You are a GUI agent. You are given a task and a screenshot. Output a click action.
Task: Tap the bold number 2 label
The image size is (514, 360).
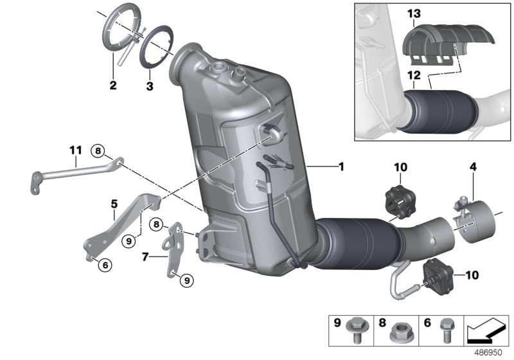[x=112, y=85]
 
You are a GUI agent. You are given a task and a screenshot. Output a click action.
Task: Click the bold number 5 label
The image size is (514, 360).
[x=114, y=204]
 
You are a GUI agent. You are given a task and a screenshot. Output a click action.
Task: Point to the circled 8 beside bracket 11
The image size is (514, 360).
[x=98, y=151]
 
